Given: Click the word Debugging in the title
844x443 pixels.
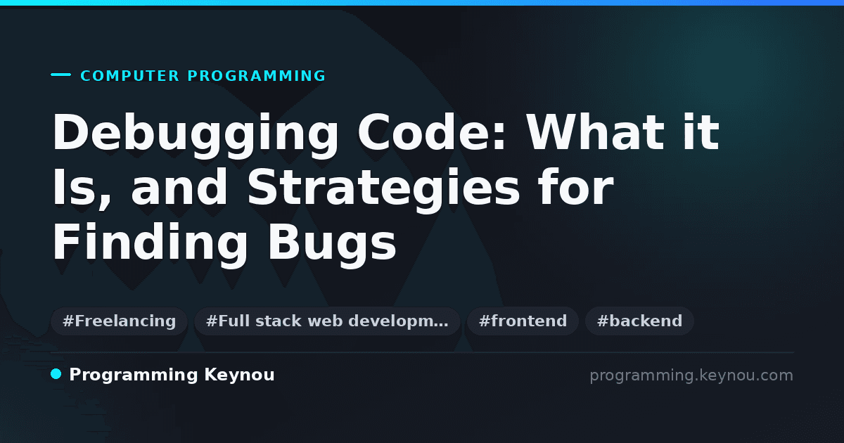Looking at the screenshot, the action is coord(196,135).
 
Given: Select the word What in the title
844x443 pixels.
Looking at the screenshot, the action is coord(594,132).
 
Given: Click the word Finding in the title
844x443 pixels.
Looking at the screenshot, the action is coord(150,244).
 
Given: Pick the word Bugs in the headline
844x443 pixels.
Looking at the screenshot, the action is coord(332,244).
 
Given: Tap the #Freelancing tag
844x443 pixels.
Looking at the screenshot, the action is coord(119,321).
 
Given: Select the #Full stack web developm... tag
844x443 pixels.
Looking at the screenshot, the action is coord(327,321).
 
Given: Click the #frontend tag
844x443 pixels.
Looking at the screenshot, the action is coord(523,321).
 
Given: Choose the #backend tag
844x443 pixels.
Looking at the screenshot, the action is coord(639,321).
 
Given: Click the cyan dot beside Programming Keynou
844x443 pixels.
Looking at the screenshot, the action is coord(56,374).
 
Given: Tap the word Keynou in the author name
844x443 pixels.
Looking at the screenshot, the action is coord(239,375).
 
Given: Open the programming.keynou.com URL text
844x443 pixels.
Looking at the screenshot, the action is coord(691,375).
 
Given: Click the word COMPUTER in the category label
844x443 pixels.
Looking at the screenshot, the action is coord(130,76).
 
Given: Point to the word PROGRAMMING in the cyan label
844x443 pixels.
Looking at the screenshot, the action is coord(256,76).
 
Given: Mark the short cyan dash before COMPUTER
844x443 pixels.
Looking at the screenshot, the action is coord(60,75).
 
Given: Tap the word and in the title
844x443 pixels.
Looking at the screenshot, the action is coord(179,186).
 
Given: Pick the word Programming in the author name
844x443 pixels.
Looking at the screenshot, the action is coord(134,375).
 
